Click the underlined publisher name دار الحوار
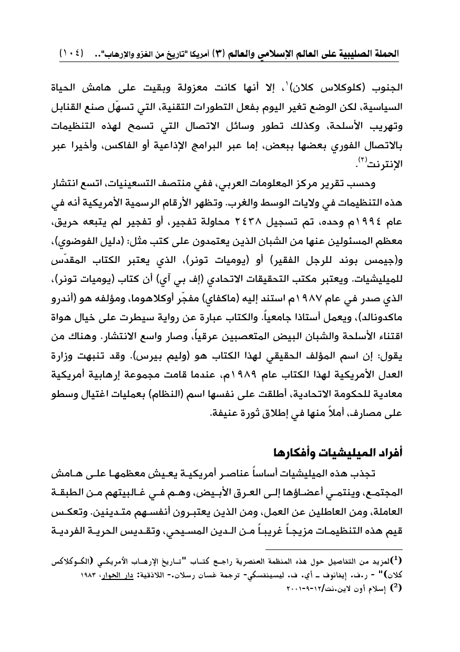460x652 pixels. pyautogui.click(x=108, y=573)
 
